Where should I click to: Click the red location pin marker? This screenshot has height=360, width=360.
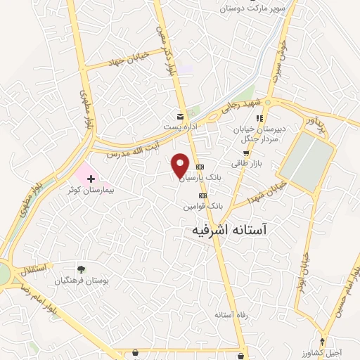[181, 165]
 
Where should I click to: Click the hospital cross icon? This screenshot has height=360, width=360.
[91, 179]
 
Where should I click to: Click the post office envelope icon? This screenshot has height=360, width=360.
[181, 115]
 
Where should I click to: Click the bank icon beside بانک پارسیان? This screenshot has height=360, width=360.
[200, 167]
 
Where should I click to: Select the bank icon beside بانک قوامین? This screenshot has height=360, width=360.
[203, 195]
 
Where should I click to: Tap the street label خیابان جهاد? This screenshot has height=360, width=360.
[126, 60]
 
